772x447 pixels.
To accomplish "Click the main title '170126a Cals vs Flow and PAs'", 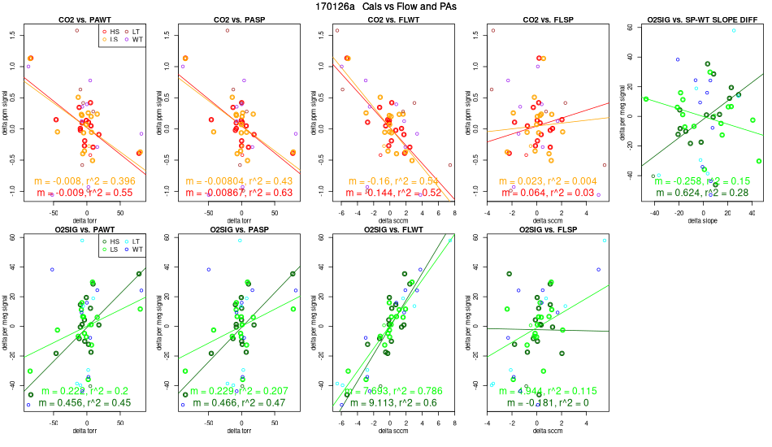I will pyautogui.click(x=386, y=6).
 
